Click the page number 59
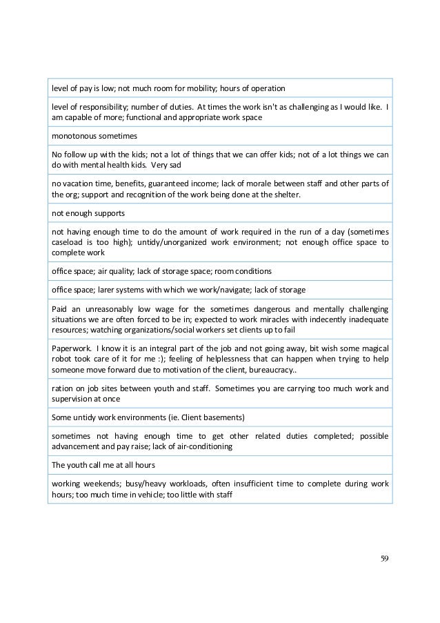click(385, 558)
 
